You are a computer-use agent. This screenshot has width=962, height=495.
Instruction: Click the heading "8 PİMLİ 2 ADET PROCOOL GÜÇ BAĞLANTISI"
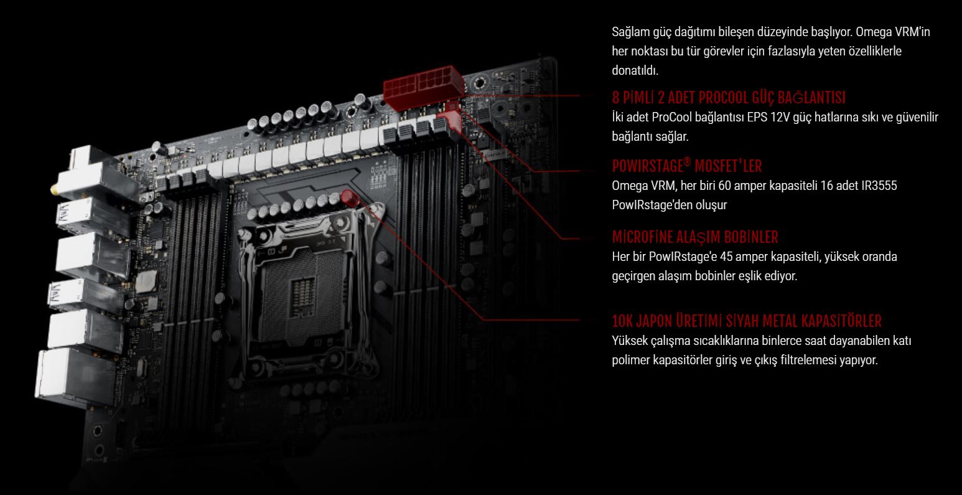point(729,98)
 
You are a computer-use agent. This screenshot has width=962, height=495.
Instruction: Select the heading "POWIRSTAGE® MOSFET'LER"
point(687,166)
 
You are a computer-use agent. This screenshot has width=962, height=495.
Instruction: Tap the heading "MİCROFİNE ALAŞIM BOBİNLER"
point(695,237)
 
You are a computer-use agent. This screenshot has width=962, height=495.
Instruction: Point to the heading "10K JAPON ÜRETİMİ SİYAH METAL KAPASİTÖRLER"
point(747,321)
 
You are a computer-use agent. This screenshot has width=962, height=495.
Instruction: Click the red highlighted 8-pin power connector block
point(423,87)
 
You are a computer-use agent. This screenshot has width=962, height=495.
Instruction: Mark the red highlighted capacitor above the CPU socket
point(350,199)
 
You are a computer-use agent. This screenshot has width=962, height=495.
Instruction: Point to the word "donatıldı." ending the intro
point(635,70)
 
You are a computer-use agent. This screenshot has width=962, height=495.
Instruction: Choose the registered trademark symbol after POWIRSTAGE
point(687,161)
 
